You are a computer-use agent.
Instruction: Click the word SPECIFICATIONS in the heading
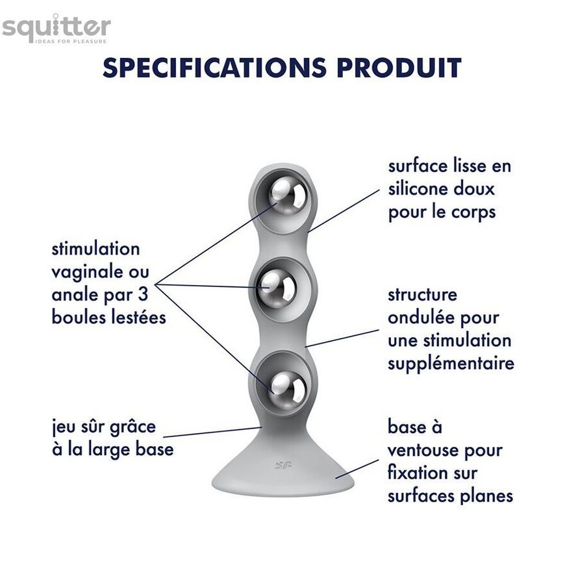214,68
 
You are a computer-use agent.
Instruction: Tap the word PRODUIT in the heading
399,68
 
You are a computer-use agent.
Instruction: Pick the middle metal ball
277,288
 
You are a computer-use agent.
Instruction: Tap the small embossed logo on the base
283,466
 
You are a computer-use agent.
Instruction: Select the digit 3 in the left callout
144,294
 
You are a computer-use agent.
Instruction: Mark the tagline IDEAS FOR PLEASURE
71,42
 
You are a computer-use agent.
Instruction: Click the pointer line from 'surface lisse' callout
344,210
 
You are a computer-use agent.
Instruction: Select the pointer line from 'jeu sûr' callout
212,432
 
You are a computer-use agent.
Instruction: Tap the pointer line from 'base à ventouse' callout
357,469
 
